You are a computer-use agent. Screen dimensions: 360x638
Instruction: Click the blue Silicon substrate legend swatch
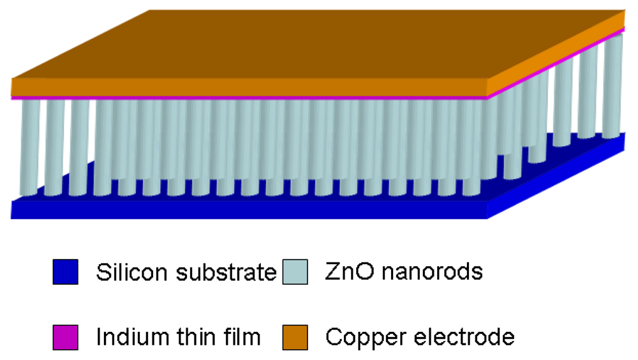point(66,272)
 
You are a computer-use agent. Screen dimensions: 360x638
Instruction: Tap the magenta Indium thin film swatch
point(66,337)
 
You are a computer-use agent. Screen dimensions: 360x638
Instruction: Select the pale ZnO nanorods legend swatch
point(295,272)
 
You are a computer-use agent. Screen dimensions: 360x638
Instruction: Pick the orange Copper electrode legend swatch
point(295,337)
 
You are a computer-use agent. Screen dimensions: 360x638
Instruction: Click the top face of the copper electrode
point(319,45)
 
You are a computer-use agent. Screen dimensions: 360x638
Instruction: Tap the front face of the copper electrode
point(249,86)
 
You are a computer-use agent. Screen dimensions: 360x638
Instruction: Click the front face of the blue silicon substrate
point(249,209)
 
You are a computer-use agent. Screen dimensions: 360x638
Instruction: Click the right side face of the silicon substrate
point(561,176)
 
